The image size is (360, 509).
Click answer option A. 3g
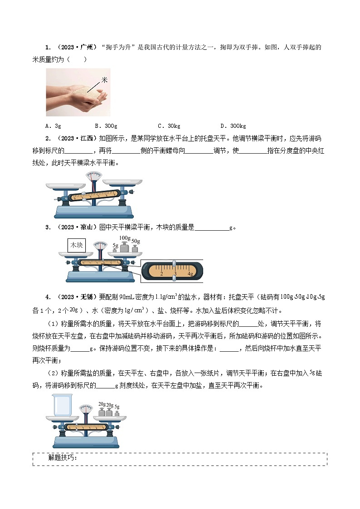[x=53, y=126]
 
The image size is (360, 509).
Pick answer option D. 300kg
[x=233, y=126]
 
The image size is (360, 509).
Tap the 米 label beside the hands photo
[x=105, y=80]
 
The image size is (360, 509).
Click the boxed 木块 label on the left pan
[x=76, y=245]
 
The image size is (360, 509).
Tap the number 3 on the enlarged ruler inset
[x=175, y=274]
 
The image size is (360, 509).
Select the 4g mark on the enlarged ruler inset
[x=190, y=274]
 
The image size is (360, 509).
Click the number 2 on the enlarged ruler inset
[x=161, y=274]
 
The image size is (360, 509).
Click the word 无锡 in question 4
[x=87, y=297]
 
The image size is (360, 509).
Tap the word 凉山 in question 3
[x=87, y=228]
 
